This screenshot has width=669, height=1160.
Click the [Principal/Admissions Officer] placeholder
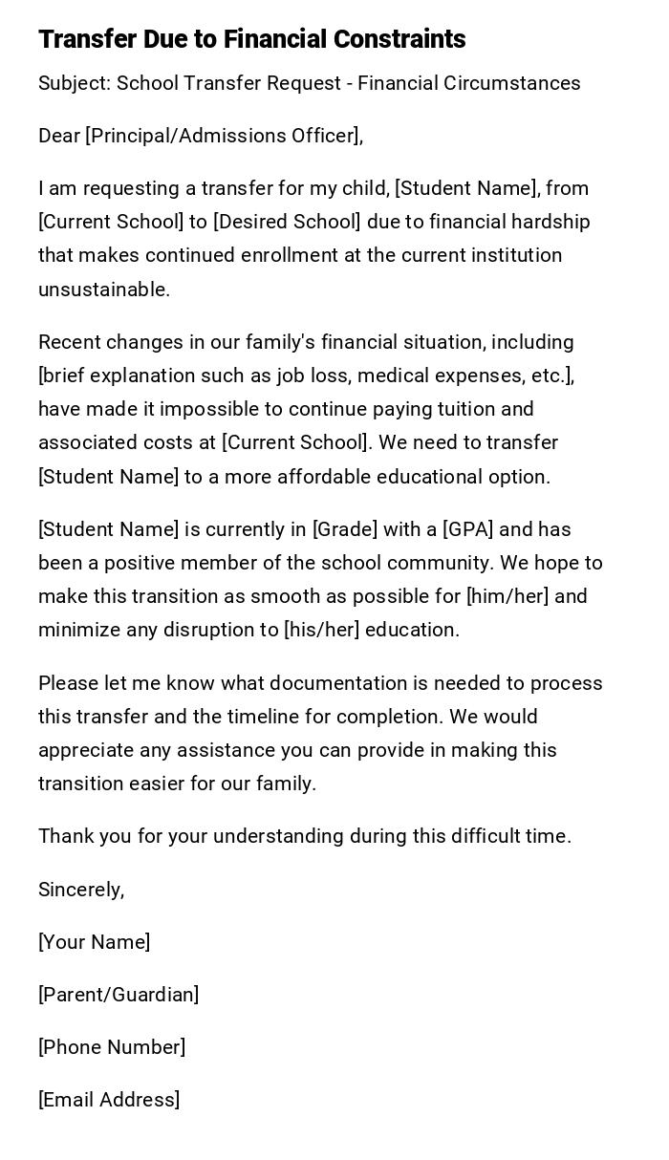pos(222,137)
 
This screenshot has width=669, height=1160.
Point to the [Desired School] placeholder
pos(287,223)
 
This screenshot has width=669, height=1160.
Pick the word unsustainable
pos(103,290)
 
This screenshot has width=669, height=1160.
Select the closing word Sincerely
pos(80,890)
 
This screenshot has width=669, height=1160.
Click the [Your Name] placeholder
pos(94,942)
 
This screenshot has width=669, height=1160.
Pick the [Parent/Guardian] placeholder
pos(119,995)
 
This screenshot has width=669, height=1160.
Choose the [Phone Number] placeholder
pos(112,1047)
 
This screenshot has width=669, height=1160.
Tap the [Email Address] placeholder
pos(109,1100)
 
